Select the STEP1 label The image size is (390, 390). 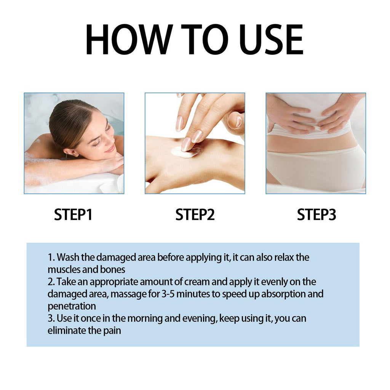point(73,215)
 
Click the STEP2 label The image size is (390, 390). point(195,215)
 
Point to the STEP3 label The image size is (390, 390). point(316,215)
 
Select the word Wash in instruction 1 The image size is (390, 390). point(68,257)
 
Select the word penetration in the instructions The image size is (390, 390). point(72,307)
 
